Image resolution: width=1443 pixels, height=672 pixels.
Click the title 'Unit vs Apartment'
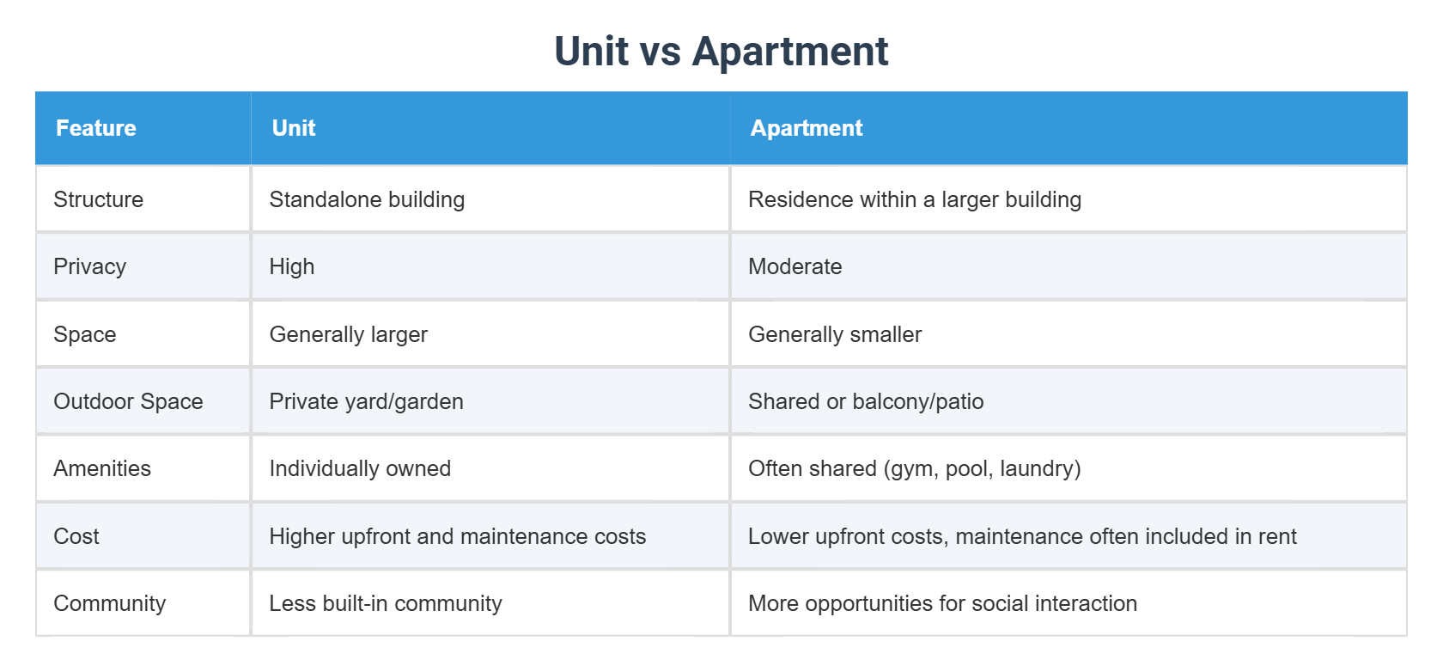[x=721, y=52]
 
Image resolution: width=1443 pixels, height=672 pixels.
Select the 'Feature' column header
[x=96, y=128]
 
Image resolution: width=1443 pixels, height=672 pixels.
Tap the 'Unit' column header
[x=294, y=128]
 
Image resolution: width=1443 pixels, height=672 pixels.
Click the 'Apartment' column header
[x=807, y=128]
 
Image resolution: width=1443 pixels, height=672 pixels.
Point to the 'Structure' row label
[x=99, y=199]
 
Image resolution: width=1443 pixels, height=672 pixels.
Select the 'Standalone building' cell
[x=367, y=199]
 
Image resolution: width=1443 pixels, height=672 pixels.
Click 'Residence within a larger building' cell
[x=915, y=199]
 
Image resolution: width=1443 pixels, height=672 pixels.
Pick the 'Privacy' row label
[x=90, y=266]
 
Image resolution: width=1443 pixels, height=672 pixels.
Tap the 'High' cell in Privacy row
[x=292, y=266]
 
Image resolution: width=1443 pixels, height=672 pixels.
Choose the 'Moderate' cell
[x=795, y=266]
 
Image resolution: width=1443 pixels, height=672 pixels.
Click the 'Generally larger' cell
[x=349, y=334]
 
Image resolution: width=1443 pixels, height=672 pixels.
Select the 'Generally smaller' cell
[x=835, y=334]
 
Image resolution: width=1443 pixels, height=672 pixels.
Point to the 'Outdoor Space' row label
[x=129, y=401]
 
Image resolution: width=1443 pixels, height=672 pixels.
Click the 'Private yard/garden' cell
[x=367, y=401]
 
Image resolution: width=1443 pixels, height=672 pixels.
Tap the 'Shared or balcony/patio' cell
[x=866, y=401]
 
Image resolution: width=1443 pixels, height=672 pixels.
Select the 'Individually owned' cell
[x=360, y=468]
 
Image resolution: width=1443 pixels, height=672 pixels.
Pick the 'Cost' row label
[x=76, y=536]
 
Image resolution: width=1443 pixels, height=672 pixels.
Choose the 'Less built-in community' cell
[x=386, y=603]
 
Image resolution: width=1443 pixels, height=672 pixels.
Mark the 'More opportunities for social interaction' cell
[x=942, y=603]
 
